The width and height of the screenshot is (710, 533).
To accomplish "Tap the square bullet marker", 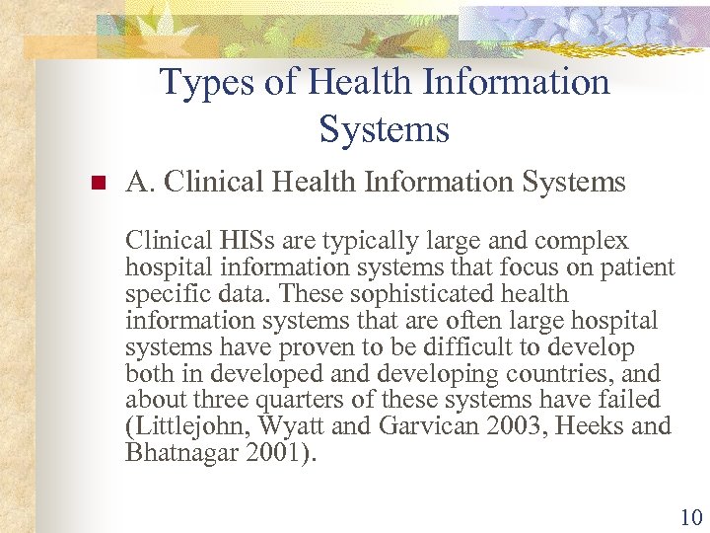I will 97,184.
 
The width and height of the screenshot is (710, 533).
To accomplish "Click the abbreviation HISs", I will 235,241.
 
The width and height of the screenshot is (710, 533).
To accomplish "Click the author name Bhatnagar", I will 180,454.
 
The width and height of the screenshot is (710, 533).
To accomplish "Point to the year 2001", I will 270,454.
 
